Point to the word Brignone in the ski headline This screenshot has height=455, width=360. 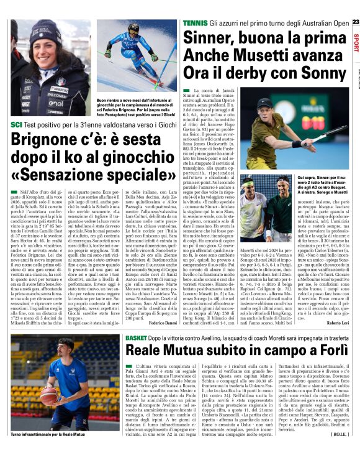pyautogui.click(x=47, y=140)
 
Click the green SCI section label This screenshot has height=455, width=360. pyautogui.click(x=16, y=125)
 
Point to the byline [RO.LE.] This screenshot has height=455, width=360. pyautogui.click(x=339, y=443)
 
